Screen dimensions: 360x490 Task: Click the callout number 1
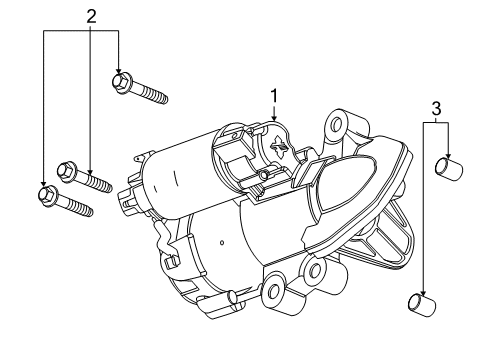[272, 98]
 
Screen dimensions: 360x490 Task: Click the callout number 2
[91, 16]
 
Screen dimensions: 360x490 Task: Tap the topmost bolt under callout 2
[141, 88]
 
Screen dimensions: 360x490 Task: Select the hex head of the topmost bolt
[122, 79]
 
